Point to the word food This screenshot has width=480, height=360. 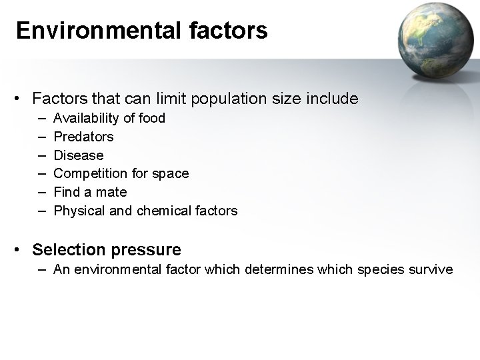coord(151,118)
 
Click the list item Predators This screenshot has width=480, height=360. coord(83,137)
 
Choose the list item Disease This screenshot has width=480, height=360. coord(79,155)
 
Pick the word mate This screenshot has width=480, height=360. coord(111,192)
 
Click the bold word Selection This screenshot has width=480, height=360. coord(69,250)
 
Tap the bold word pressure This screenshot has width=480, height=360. coord(146,251)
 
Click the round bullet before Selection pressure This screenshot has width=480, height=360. coord(21,251)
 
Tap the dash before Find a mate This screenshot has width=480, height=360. coord(42,192)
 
